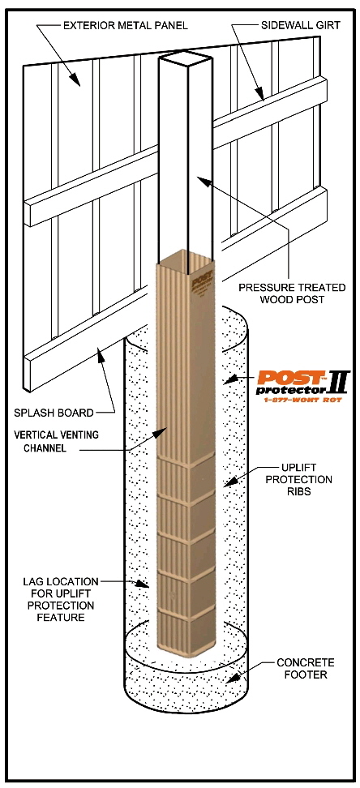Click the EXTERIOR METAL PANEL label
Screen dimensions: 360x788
pyautogui.click(x=125, y=25)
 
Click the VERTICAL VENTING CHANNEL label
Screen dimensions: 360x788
pyautogui.click(x=62, y=441)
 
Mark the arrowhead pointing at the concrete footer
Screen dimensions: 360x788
pyautogui.click(x=232, y=678)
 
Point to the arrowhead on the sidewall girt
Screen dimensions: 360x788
pyautogui.click(x=258, y=92)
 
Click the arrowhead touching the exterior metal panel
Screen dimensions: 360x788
pyautogui.click(x=74, y=79)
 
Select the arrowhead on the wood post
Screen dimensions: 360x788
pyautogui.click(x=203, y=181)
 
